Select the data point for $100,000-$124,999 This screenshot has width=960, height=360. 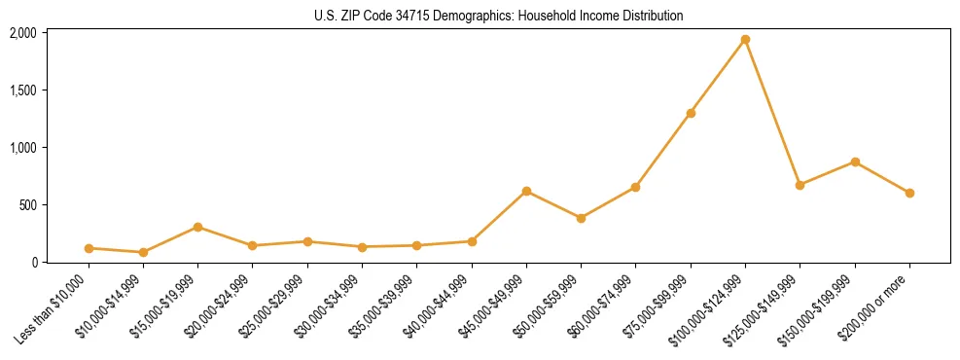[x=745, y=39]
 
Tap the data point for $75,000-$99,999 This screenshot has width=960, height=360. [x=691, y=113]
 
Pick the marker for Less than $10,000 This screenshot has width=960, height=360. [x=89, y=248]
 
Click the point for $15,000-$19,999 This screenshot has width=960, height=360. [x=197, y=227]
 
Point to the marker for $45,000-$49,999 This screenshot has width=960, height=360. [x=526, y=191]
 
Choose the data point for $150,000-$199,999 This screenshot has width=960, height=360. [x=855, y=162]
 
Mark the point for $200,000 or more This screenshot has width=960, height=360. [x=909, y=193]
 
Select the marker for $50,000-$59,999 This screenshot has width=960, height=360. [x=581, y=218]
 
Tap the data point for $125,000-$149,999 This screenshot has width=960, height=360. [x=800, y=185]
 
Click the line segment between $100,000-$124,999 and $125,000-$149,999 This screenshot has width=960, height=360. [x=772, y=112]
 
